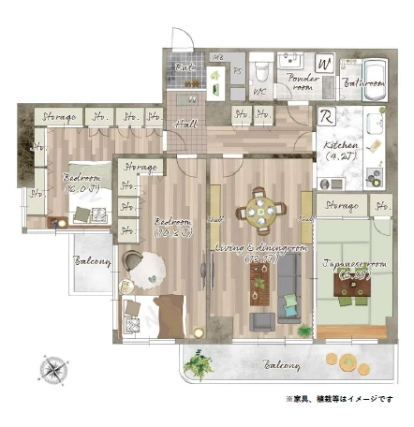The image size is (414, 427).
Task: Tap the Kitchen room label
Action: coord(337,151)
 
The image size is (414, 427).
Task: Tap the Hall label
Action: coord(185,124)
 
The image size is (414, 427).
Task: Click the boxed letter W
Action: coord(325,65)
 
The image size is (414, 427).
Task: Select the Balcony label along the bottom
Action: coord(281,363)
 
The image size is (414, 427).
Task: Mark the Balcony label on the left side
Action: coord(93,261)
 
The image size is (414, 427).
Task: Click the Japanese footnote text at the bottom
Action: coord(341,397)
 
